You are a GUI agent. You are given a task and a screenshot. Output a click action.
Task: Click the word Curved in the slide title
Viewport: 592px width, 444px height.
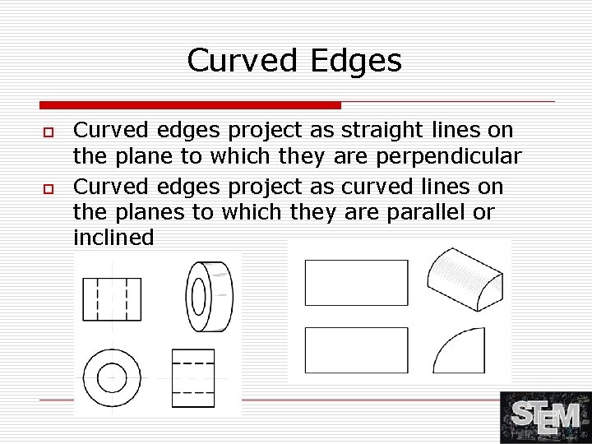click(240, 60)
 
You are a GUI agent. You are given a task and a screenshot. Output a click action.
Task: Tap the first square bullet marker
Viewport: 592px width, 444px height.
click(49, 132)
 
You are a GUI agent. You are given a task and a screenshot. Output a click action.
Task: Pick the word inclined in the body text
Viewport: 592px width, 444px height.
click(113, 238)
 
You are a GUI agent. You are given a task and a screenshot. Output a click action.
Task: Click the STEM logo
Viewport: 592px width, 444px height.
click(545, 417)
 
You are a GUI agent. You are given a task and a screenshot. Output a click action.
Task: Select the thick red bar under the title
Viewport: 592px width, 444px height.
click(190, 105)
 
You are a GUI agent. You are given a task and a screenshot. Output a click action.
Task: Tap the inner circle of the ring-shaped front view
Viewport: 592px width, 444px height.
click(112, 378)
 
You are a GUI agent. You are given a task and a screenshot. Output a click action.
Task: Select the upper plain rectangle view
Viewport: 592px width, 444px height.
click(356, 282)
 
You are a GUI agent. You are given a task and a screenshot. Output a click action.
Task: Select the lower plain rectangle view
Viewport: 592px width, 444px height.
click(356, 350)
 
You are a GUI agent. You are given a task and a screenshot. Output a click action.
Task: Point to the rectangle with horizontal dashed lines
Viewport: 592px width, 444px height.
click(193, 377)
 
